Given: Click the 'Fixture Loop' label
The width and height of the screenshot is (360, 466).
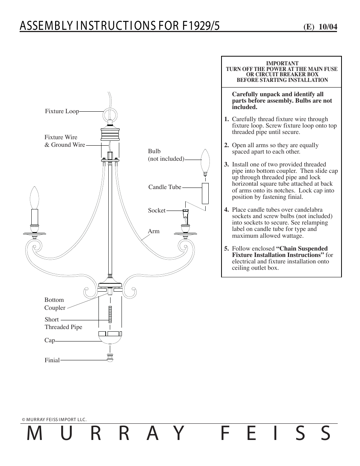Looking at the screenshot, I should (x=62, y=111).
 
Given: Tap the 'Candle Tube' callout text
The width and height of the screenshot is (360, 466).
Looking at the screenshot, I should (x=165, y=187).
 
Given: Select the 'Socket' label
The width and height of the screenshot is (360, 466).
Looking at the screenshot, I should (x=157, y=211).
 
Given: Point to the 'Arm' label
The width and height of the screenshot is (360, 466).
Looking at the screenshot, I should (x=154, y=231).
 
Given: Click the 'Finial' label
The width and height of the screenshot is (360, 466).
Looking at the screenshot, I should (x=52, y=360).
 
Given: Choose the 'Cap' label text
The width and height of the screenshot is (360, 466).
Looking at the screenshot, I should (x=49, y=340).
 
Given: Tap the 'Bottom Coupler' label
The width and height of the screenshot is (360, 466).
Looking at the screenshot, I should (x=55, y=304).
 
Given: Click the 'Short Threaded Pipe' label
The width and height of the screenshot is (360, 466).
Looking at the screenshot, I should (x=63, y=323).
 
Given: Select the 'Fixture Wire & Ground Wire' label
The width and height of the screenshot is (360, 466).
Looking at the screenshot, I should (x=65, y=141).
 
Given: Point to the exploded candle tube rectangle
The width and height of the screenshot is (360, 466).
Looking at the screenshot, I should (x=205, y=194).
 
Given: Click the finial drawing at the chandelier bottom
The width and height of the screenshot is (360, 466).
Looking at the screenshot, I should (x=109, y=358).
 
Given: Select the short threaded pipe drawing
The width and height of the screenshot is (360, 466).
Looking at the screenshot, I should (x=110, y=314).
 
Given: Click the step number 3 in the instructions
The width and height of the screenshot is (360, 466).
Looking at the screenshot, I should (x=226, y=165).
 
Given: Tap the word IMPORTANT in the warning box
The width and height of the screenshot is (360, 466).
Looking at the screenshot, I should (x=282, y=63).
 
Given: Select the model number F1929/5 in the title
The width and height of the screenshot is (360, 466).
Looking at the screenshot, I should (x=201, y=26).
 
